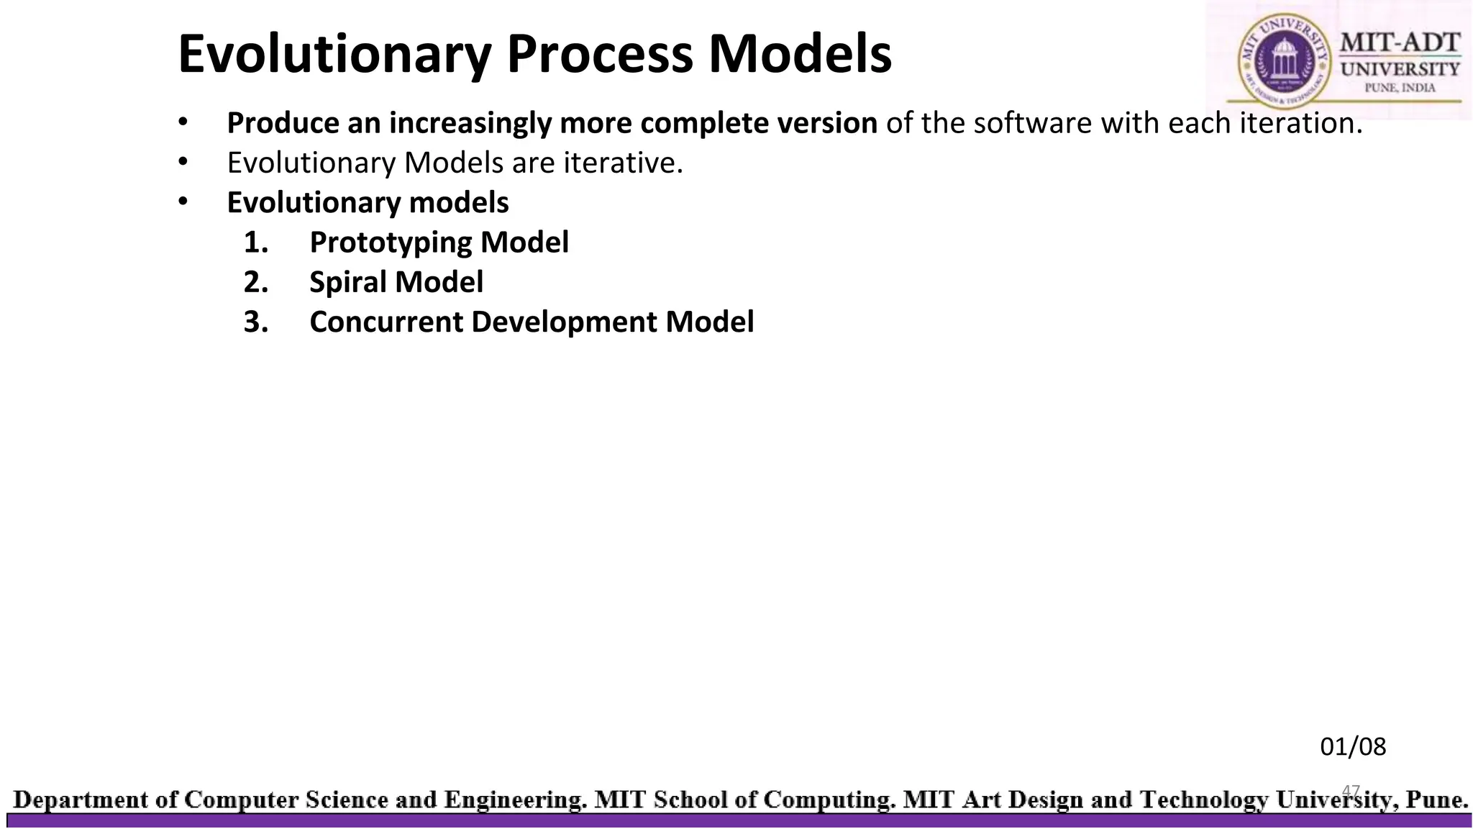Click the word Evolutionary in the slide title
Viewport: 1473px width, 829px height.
(x=334, y=55)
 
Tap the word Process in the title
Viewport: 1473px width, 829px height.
(x=599, y=55)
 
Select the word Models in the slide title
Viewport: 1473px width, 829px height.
(x=800, y=55)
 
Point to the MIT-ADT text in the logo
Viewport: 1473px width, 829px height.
(x=1400, y=42)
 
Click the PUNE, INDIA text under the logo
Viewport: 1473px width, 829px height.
(x=1400, y=88)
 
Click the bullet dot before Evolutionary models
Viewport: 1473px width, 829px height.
(x=183, y=202)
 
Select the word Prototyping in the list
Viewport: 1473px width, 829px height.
(x=391, y=243)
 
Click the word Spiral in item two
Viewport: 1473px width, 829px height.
(x=348, y=282)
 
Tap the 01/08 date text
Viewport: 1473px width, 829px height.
(x=1352, y=747)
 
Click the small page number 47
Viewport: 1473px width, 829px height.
(x=1351, y=791)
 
